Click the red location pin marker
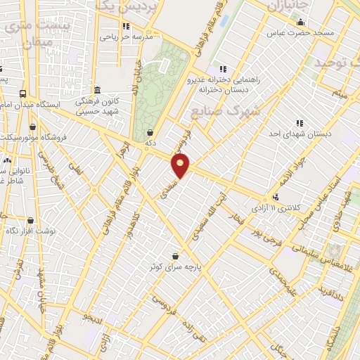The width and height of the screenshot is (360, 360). [181, 167]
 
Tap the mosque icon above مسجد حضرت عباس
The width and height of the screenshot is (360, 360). [301, 22]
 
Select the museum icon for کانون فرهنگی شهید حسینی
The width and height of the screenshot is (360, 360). [96, 90]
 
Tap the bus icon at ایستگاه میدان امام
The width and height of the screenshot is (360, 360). [23, 94]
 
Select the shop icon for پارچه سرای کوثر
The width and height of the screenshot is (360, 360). [174, 257]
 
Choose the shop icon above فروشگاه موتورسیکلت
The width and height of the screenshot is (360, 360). [33, 127]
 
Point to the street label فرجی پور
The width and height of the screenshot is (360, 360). [268, 236]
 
